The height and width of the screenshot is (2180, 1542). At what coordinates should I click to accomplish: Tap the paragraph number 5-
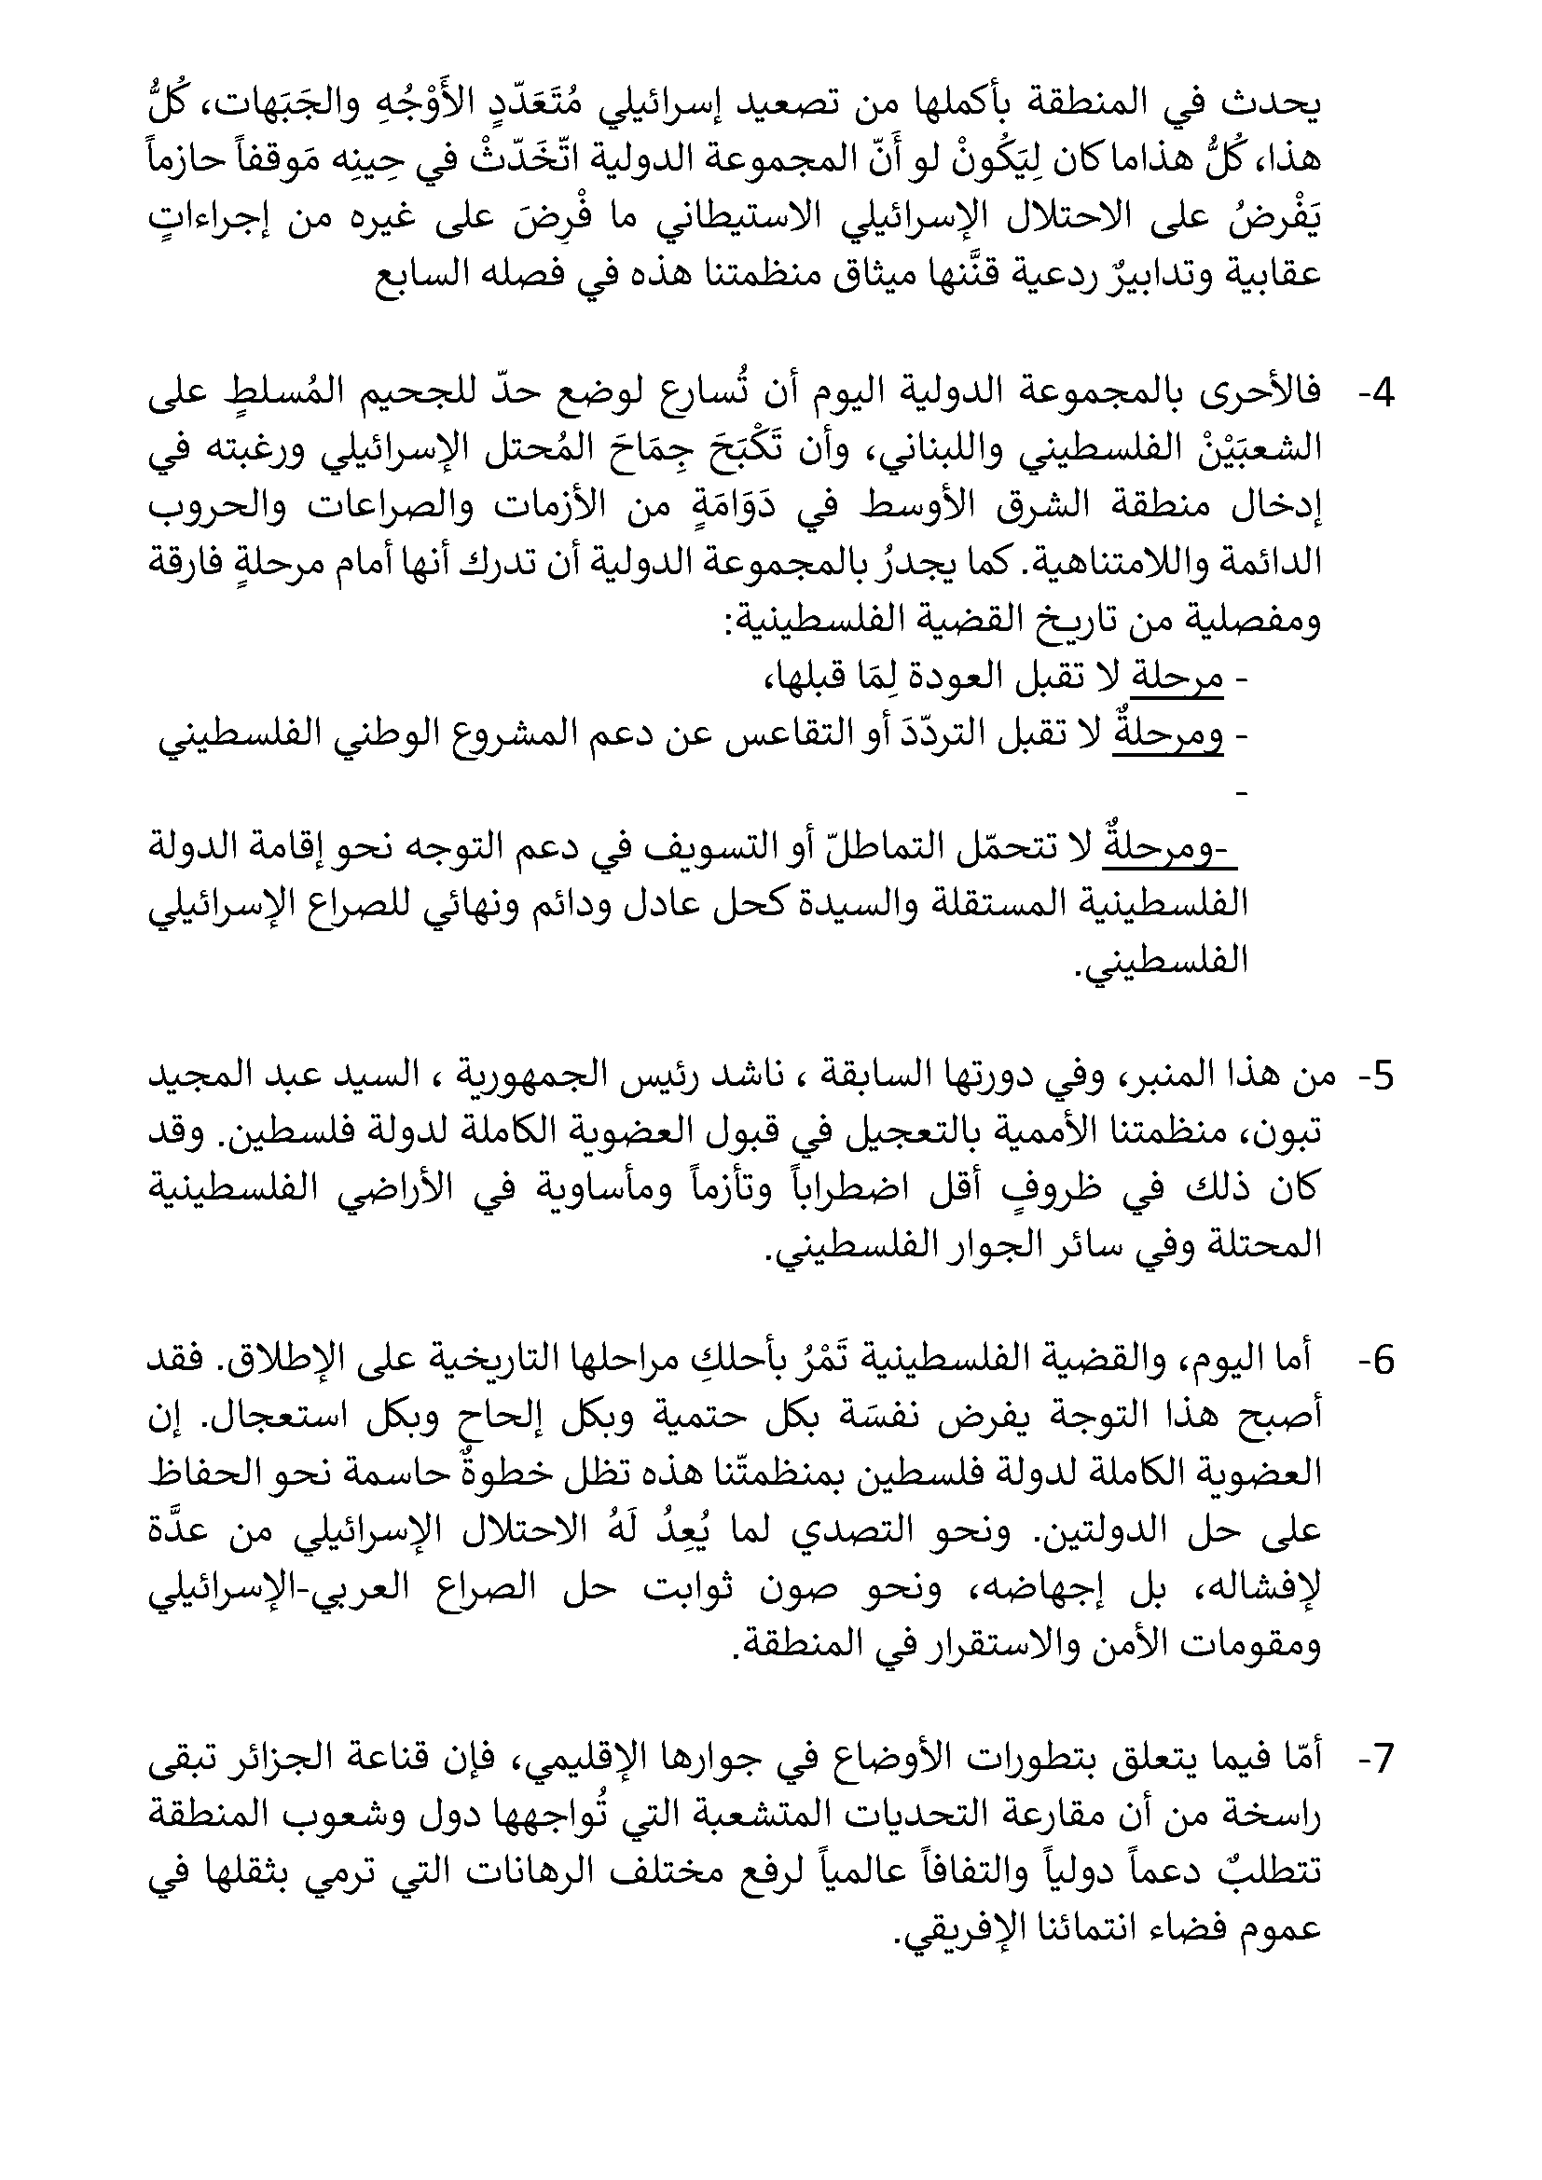tap(1373, 1076)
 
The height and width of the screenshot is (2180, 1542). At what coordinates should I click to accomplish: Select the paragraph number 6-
tap(1373, 1362)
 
